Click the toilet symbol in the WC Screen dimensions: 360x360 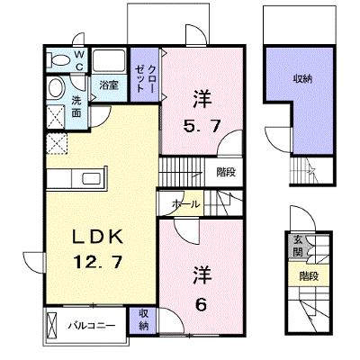click(58, 60)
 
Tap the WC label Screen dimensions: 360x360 click(79, 60)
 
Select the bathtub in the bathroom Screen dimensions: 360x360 click(109, 61)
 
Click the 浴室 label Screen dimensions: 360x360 click(109, 85)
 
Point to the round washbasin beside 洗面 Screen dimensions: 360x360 click(56, 88)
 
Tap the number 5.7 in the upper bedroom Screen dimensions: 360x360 click(202, 127)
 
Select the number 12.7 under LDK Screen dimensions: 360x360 click(98, 262)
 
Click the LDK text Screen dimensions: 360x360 click(98, 237)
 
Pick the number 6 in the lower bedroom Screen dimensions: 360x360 click(202, 305)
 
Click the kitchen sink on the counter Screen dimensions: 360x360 click(93, 179)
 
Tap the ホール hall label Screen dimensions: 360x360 click(185, 204)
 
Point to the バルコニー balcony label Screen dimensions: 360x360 click(91, 326)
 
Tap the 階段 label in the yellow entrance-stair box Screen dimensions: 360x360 click(309, 276)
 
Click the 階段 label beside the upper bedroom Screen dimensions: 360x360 click(226, 172)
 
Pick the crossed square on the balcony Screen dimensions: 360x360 click(51, 325)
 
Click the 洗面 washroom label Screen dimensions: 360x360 click(76, 107)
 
